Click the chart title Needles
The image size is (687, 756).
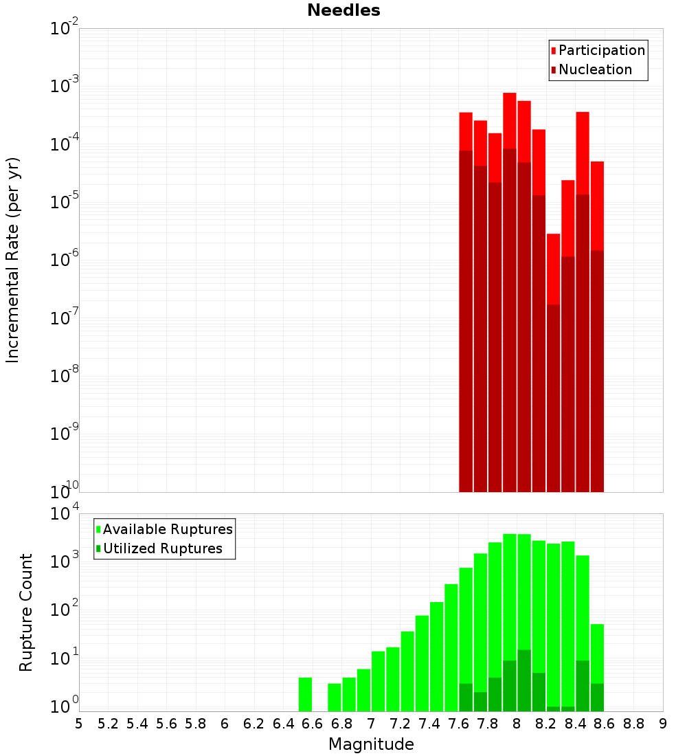[x=343, y=10]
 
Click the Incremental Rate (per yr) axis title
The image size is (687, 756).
[x=13, y=260]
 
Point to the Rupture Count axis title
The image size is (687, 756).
[x=26, y=612]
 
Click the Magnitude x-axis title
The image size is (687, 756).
[x=371, y=744]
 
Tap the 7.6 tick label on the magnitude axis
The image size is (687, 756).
[x=458, y=724]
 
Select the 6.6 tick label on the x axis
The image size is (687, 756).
[x=313, y=724]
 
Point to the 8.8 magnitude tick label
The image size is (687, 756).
[x=633, y=724]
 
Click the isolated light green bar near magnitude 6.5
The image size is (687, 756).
[x=305, y=694]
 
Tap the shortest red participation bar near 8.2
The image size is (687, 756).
[x=553, y=268]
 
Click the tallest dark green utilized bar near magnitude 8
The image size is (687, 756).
[x=524, y=680]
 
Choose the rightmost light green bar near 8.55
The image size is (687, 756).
[x=597, y=653]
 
